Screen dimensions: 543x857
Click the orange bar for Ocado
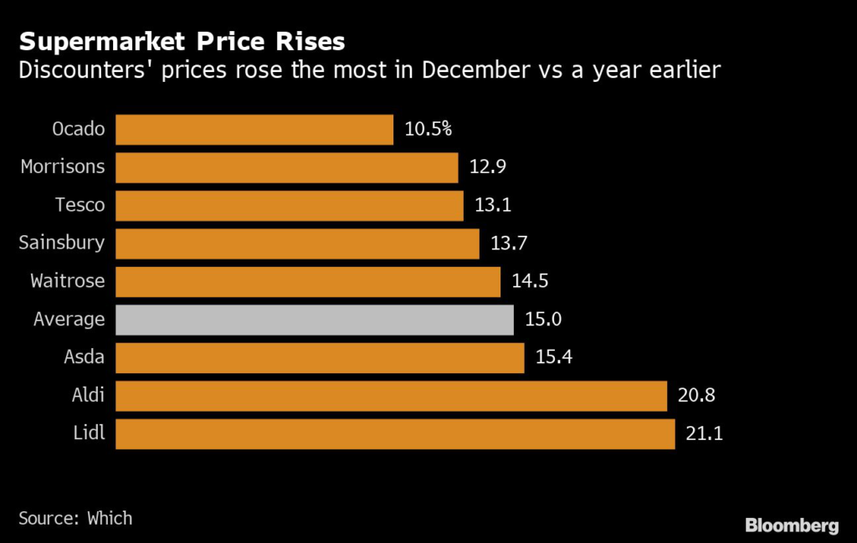click(254, 130)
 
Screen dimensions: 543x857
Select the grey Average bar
click(315, 320)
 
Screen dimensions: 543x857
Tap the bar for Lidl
click(395, 434)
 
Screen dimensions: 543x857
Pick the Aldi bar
click(391, 396)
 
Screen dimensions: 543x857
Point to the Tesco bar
click(289, 206)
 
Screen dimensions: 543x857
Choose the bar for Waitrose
click(308, 281)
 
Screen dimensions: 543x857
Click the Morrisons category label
click(63, 166)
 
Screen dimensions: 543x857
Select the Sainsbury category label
click(62, 243)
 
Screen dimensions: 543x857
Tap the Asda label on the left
click(85, 357)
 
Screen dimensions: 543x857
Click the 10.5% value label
click(428, 130)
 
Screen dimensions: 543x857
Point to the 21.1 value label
click(704, 434)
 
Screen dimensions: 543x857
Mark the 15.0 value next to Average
click(542, 320)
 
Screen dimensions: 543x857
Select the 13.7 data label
click(508, 243)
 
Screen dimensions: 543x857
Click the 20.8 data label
click(696, 396)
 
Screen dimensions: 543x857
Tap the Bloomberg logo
click(792, 525)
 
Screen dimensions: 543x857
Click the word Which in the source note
click(110, 518)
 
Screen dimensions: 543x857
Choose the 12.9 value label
click(487, 167)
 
